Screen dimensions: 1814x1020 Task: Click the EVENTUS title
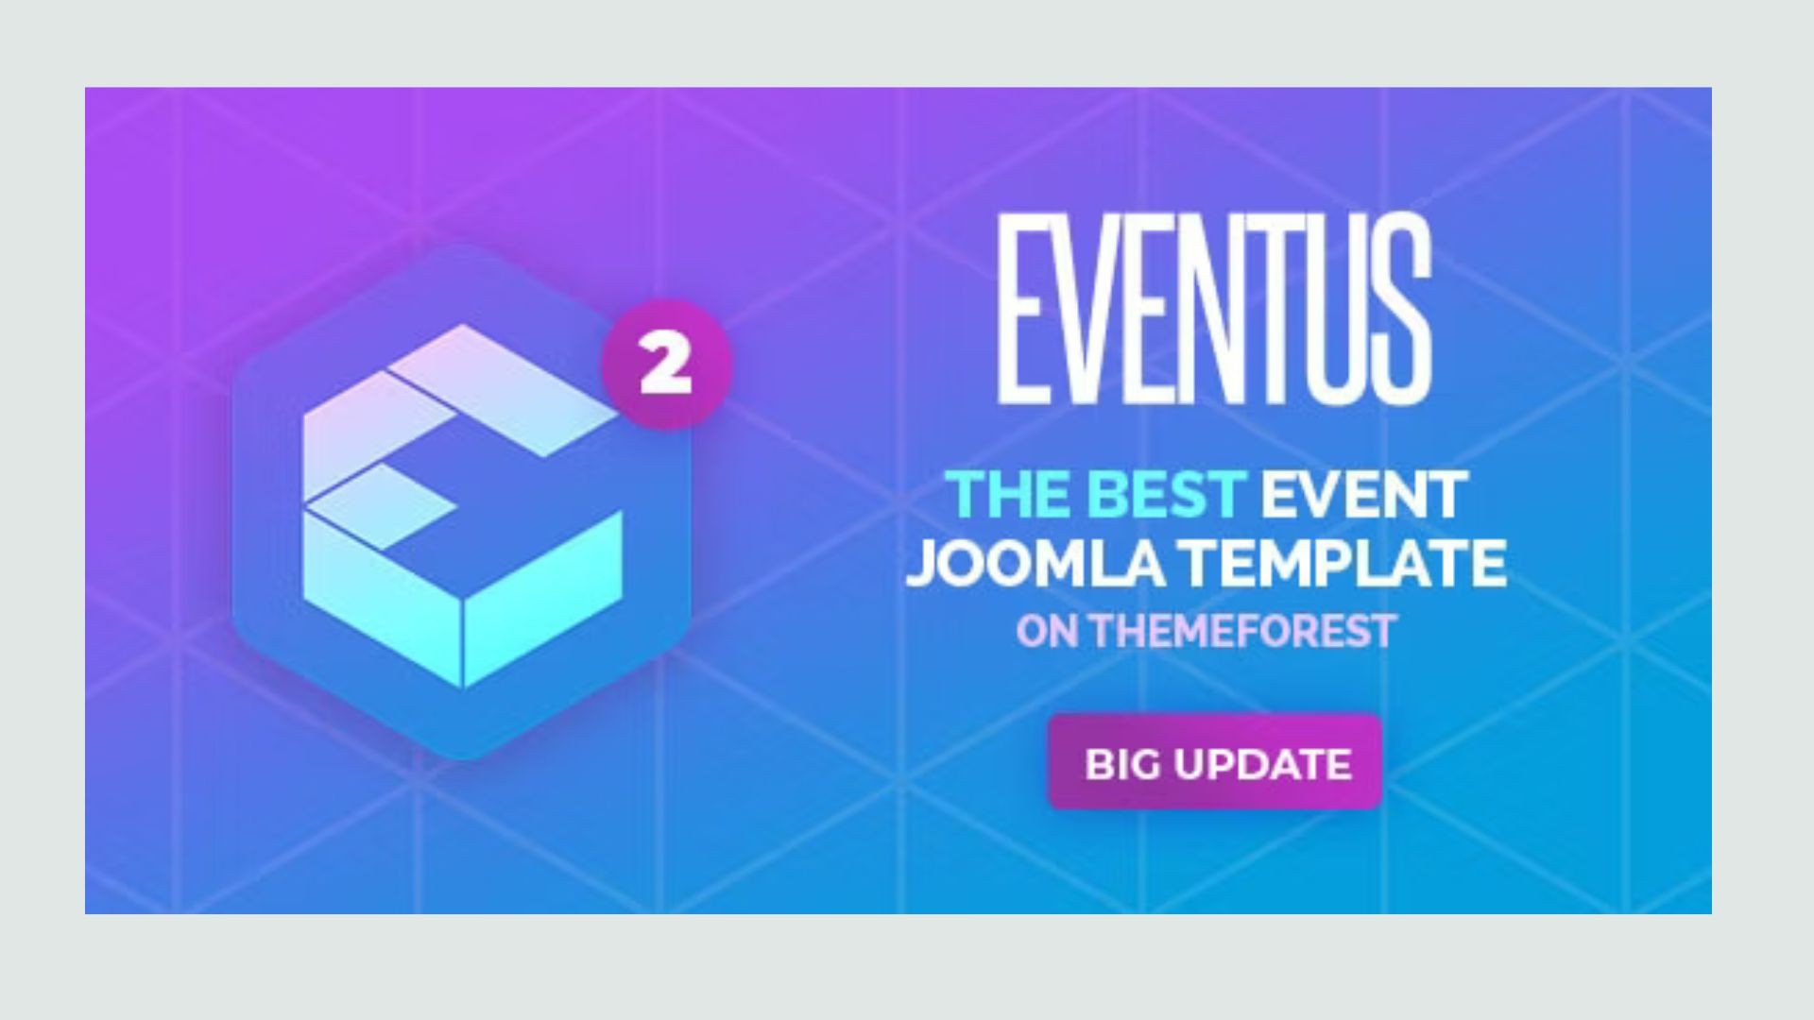coord(1214,308)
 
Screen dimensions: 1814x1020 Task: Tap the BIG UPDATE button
coord(1216,762)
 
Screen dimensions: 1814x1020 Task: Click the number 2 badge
coord(666,365)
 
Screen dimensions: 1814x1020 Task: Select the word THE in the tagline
coord(1008,494)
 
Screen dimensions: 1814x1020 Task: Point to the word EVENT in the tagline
coord(1363,494)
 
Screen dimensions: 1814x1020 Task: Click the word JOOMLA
coord(1036,563)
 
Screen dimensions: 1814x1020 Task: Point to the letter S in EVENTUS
coord(1401,308)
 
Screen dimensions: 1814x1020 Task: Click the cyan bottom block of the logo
coord(463,595)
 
